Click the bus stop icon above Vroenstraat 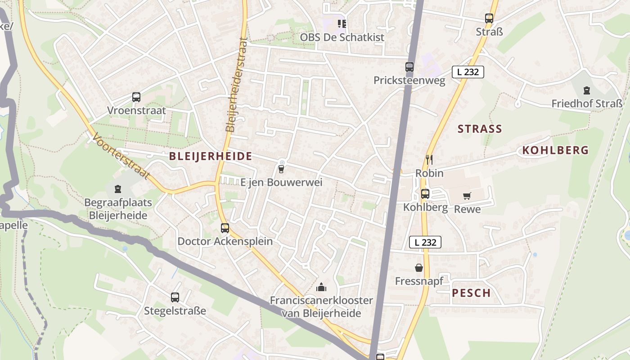(136, 97)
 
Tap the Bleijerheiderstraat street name (237, 85)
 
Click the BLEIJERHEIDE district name (210, 157)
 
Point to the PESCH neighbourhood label (471, 293)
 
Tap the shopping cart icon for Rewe (467, 196)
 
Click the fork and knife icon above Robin (429, 159)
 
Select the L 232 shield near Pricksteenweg (468, 72)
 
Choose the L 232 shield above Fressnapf (425, 242)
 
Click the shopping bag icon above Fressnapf (419, 268)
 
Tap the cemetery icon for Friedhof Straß (586, 90)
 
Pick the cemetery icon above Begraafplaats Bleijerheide (118, 189)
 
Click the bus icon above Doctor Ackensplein (225, 228)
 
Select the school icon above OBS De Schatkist (342, 23)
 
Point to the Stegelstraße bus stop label (175, 311)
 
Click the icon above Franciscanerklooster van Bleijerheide (321, 287)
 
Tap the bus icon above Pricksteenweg (409, 67)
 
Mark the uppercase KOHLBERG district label (555, 150)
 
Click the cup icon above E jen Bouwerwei (281, 169)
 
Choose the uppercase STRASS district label (480, 129)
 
